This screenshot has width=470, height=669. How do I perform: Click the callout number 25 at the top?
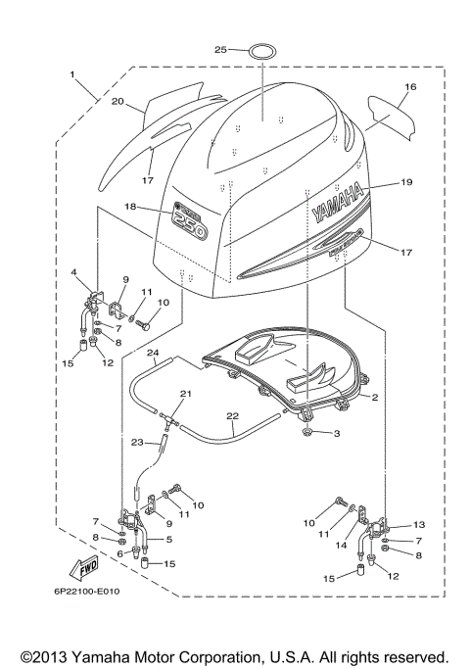coord(220,48)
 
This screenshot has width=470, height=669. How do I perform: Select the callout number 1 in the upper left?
coord(71,74)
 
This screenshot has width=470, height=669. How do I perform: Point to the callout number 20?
coord(117,101)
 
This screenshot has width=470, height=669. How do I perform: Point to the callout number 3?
coord(337,432)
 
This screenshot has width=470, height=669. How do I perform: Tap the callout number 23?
coord(136,441)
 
